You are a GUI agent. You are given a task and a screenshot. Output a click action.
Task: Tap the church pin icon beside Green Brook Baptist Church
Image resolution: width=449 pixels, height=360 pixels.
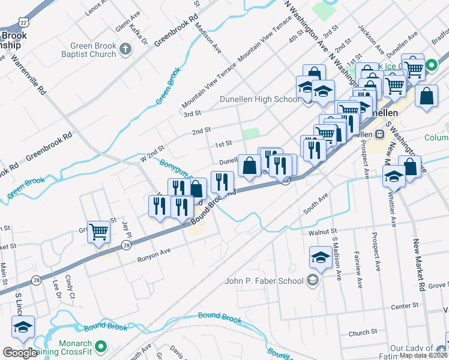(x=125, y=49)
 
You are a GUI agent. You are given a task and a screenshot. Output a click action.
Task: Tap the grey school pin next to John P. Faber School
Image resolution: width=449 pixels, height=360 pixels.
(x=312, y=280)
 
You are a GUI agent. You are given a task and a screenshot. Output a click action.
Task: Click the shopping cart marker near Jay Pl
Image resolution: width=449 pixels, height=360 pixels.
(x=99, y=232)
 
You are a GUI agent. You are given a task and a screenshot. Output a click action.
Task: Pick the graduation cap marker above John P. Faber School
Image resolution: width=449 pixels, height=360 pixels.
(x=321, y=258)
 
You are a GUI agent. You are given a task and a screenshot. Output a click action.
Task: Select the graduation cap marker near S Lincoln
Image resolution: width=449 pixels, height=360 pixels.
(x=23, y=328)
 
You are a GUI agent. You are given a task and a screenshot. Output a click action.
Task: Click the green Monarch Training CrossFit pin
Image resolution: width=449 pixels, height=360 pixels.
(x=101, y=346)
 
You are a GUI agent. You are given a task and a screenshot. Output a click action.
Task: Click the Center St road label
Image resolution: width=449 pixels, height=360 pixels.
(x=403, y=307)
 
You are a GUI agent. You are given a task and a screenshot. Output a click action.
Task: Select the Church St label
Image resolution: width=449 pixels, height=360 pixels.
(x=363, y=331)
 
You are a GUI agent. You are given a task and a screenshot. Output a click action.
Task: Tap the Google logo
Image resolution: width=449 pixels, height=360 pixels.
(x=20, y=353)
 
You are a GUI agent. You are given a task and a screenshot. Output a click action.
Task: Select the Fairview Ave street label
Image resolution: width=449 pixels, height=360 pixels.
(x=358, y=269)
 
